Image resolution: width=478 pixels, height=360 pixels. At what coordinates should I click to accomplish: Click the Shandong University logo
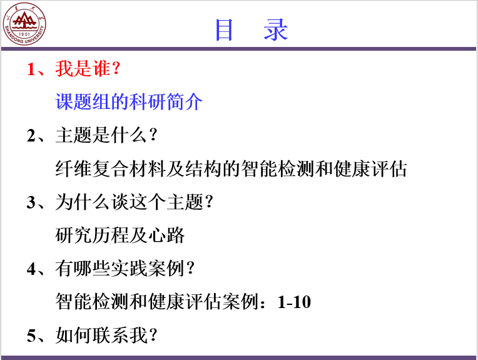coord(24,24)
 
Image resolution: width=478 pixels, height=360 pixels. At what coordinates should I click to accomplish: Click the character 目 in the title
coord(224,30)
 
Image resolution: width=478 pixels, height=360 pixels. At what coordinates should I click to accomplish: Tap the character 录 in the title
coord(276,30)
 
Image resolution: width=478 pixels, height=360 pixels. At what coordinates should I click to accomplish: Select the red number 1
coord(31,69)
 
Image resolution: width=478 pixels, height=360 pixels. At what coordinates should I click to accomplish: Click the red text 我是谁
coord(83,68)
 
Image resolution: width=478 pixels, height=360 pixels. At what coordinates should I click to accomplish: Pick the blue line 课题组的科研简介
coord(129,101)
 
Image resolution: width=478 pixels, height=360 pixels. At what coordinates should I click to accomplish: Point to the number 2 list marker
coord(31,135)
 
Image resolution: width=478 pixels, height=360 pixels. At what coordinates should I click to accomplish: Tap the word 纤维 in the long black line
coord(73,168)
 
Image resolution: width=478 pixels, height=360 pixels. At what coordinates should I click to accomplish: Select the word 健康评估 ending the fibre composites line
coord(370,168)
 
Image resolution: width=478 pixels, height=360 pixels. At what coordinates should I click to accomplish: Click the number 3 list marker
coord(31,202)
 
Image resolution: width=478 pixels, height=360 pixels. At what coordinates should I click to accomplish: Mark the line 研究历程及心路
coord(119,235)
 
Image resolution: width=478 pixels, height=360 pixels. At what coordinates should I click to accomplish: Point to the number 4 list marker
coord(31,269)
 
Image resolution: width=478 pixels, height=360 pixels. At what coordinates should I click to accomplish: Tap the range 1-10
coord(294,302)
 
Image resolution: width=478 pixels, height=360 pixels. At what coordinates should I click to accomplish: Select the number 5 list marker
coord(31,336)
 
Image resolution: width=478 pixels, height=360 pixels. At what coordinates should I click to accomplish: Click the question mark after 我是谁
coord(116,69)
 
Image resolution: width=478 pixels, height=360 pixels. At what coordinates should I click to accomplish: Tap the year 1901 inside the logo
coord(24,34)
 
